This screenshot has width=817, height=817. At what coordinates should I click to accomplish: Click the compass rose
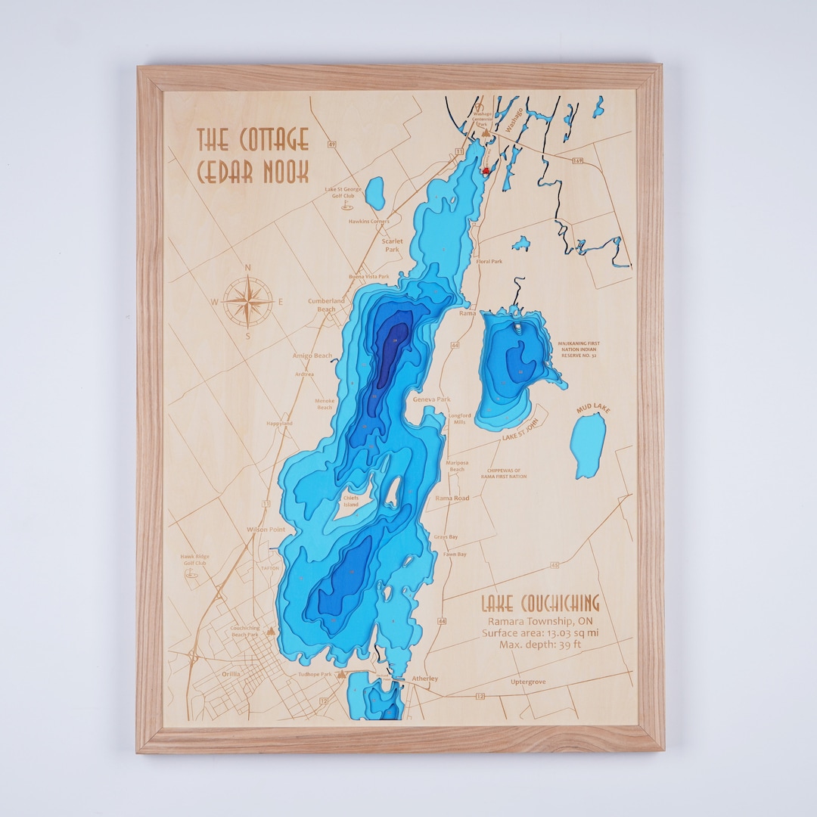pyautogui.click(x=248, y=301)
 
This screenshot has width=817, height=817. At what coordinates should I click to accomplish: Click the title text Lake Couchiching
pyautogui.click(x=539, y=603)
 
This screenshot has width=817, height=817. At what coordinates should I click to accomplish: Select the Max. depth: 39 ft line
pyautogui.click(x=539, y=645)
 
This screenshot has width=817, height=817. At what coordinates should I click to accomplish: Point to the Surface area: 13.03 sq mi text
pyautogui.click(x=540, y=632)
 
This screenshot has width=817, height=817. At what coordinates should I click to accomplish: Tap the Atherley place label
pyautogui.click(x=424, y=679)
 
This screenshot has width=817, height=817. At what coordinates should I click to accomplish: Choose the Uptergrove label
pyautogui.click(x=528, y=682)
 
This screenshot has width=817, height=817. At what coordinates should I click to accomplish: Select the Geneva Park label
pyautogui.click(x=431, y=399)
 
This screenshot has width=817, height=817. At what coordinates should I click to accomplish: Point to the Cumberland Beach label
pyautogui.click(x=326, y=305)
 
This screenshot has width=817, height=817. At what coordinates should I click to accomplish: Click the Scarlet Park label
pyautogui.click(x=392, y=245)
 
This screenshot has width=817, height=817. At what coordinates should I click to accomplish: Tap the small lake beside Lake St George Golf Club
pyautogui.click(x=375, y=193)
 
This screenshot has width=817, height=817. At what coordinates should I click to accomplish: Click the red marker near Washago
pyautogui.click(x=486, y=171)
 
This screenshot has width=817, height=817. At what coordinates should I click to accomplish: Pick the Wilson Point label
pyautogui.click(x=266, y=530)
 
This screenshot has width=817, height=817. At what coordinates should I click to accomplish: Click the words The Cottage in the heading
pyautogui.click(x=253, y=140)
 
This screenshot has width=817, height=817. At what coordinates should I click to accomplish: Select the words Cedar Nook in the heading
pyautogui.click(x=253, y=172)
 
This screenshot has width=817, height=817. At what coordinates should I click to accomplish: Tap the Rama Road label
pyautogui.click(x=452, y=498)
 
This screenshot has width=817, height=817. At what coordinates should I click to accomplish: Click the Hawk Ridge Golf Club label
pyautogui.click(x=194, y=560)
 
